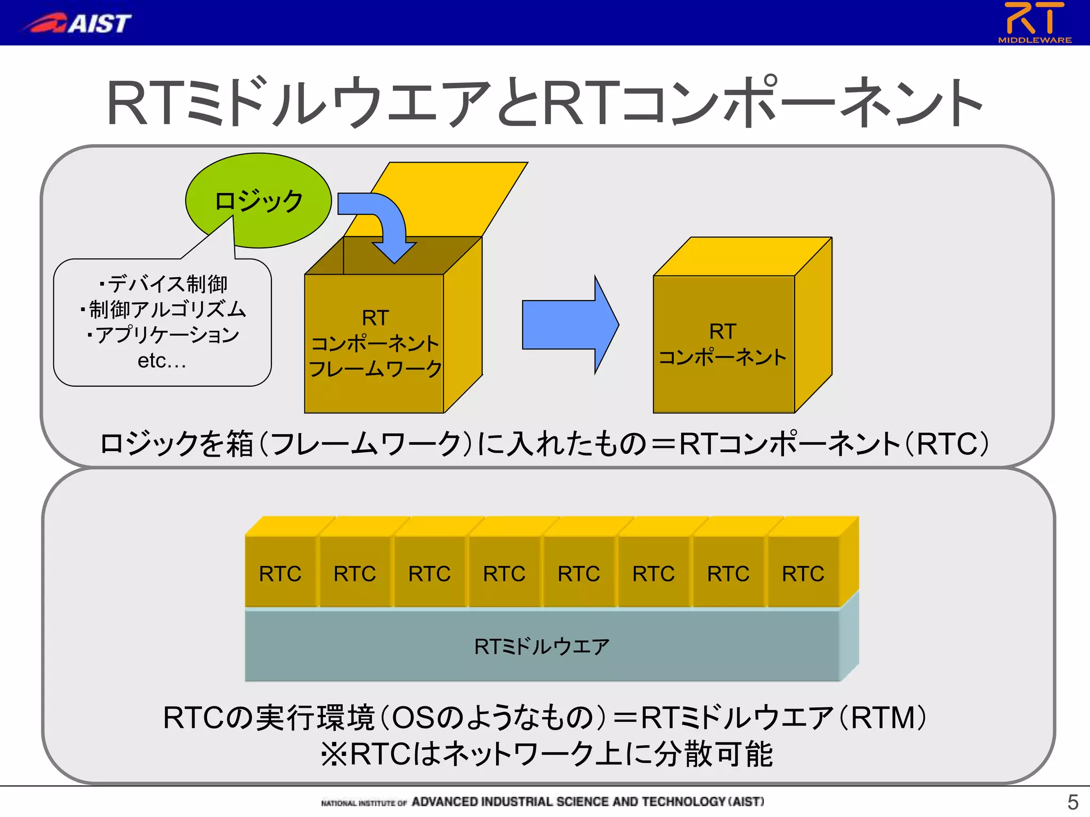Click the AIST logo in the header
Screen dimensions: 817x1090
click(x=77, y=23)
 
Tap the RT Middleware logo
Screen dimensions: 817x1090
click(x=1034, y=22)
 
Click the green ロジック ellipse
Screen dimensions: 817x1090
click(x=259, y=201)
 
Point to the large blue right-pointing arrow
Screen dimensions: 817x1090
click(x=570, y=324)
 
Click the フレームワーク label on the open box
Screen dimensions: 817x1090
click(x=375, y=369)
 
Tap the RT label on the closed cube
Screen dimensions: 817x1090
click(x=722, y=331)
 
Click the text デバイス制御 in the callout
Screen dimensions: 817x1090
click(x=167, y=284)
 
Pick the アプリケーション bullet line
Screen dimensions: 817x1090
click(x=167, y=335)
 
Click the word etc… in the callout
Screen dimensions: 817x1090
click(x=162, y=361)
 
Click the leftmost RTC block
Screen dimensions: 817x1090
click(x=280, y=574)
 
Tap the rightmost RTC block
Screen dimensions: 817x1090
click(x=803, y=574)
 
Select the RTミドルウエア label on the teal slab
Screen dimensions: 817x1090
click(x=542, y=647)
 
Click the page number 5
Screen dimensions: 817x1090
click(x=1072, y=802)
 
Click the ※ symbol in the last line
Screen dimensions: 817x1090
click(x=334, y=754)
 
